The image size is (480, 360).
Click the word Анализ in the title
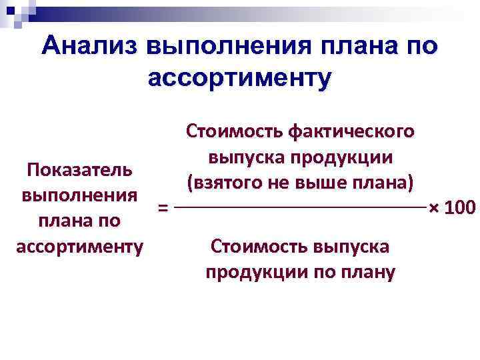coord(89,47)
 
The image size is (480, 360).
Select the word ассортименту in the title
coord(239,78)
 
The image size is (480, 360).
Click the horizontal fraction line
coord(300,209)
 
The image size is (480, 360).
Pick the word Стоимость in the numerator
coord(234,130)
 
